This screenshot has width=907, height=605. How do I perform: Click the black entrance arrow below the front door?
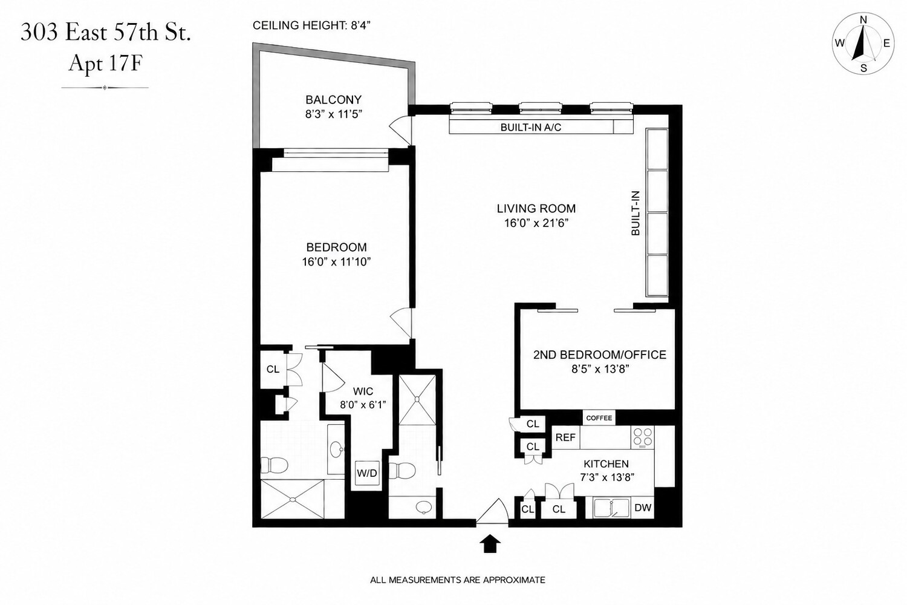(490, 543)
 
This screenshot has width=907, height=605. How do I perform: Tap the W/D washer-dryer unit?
(367, 473)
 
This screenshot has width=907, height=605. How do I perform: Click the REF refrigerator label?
(565, 437)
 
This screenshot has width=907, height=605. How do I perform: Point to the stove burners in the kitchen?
(643, 437)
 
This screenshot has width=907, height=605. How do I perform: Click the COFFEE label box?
(599, 418)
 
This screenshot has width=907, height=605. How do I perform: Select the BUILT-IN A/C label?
(531, 128)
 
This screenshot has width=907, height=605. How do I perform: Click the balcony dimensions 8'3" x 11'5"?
(334, 114)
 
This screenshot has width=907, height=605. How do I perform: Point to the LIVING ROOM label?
(536, 209)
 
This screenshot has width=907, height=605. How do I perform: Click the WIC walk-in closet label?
(363, 391)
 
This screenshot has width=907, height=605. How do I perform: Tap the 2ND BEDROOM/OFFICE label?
(600, 355)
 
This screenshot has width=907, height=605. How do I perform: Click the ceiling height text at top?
(312, 25)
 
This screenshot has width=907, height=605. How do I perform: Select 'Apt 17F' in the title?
(105, 63)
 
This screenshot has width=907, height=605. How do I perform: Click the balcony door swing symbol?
(400, 129)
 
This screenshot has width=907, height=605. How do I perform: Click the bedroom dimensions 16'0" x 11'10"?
(336, 262)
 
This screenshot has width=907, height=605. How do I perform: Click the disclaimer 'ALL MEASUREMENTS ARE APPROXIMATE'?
(458, 580)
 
